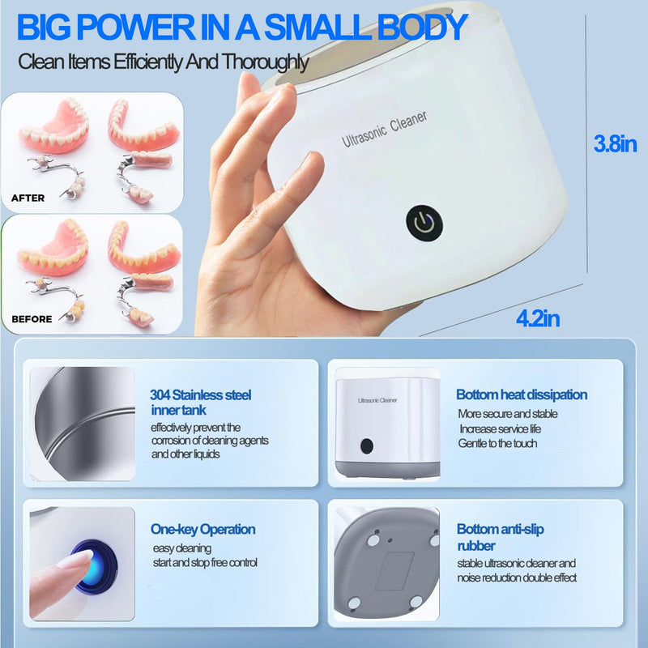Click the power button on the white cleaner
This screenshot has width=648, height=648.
424,223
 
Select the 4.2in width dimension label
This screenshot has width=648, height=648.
537,318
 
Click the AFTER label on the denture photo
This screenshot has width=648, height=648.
28,198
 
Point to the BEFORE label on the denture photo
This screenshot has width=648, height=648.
32,319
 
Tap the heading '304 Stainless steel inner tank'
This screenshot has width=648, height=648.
200,403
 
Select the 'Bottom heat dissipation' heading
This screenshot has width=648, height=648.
521,394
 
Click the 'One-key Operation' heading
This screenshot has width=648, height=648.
202,529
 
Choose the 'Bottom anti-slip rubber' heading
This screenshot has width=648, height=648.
500,537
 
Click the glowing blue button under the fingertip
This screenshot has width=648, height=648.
91,561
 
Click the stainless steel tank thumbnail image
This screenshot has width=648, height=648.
83,424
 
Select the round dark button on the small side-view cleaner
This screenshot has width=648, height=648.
366,446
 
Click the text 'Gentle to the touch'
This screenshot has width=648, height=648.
497,443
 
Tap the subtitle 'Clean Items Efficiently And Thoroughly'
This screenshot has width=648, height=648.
163,62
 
